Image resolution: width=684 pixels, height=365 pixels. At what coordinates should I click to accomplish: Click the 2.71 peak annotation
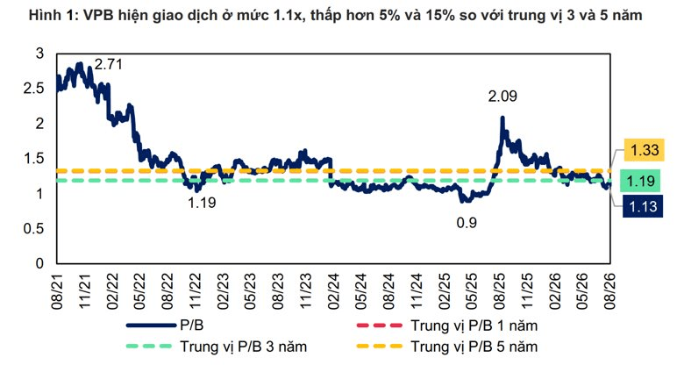pos(109,65)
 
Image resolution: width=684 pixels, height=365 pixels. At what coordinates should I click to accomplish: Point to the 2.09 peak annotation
pos(502,96)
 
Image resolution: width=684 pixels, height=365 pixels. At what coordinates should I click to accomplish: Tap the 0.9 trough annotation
pos(467,223)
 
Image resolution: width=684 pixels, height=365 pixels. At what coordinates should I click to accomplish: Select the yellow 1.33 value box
pos(645,150)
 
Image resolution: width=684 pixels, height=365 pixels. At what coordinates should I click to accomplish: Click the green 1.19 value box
pos(641,181)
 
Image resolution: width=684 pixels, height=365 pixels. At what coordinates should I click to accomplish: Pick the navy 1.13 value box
pos(643,206)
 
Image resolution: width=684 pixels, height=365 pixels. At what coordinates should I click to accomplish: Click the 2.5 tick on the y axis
pos(34,89)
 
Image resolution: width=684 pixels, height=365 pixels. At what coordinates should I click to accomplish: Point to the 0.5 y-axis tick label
pos(34,228)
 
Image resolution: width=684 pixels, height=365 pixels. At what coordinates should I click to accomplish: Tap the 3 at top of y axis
pos(40,54)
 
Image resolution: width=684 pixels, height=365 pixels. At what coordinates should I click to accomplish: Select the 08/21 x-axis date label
pos(57,291)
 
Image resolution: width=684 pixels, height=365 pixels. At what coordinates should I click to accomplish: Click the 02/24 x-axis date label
pos(334,291)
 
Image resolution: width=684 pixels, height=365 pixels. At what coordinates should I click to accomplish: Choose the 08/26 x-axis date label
pos(609,291)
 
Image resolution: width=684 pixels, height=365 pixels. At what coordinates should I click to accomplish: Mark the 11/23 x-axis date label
pos(306,291)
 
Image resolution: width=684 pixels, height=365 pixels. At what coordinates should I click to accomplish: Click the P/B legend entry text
pos(192,326)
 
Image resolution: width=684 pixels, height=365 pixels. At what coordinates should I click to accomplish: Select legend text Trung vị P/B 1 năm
pos(474,326)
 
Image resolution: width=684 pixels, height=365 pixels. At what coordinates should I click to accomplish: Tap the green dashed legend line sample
pos(149,347)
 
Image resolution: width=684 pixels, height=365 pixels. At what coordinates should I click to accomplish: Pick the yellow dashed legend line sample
pos(380,347)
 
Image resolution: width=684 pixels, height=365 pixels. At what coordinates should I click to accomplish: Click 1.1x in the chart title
pos(285,16)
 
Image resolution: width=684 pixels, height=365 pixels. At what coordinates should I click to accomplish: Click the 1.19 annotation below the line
pos(202,203)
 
